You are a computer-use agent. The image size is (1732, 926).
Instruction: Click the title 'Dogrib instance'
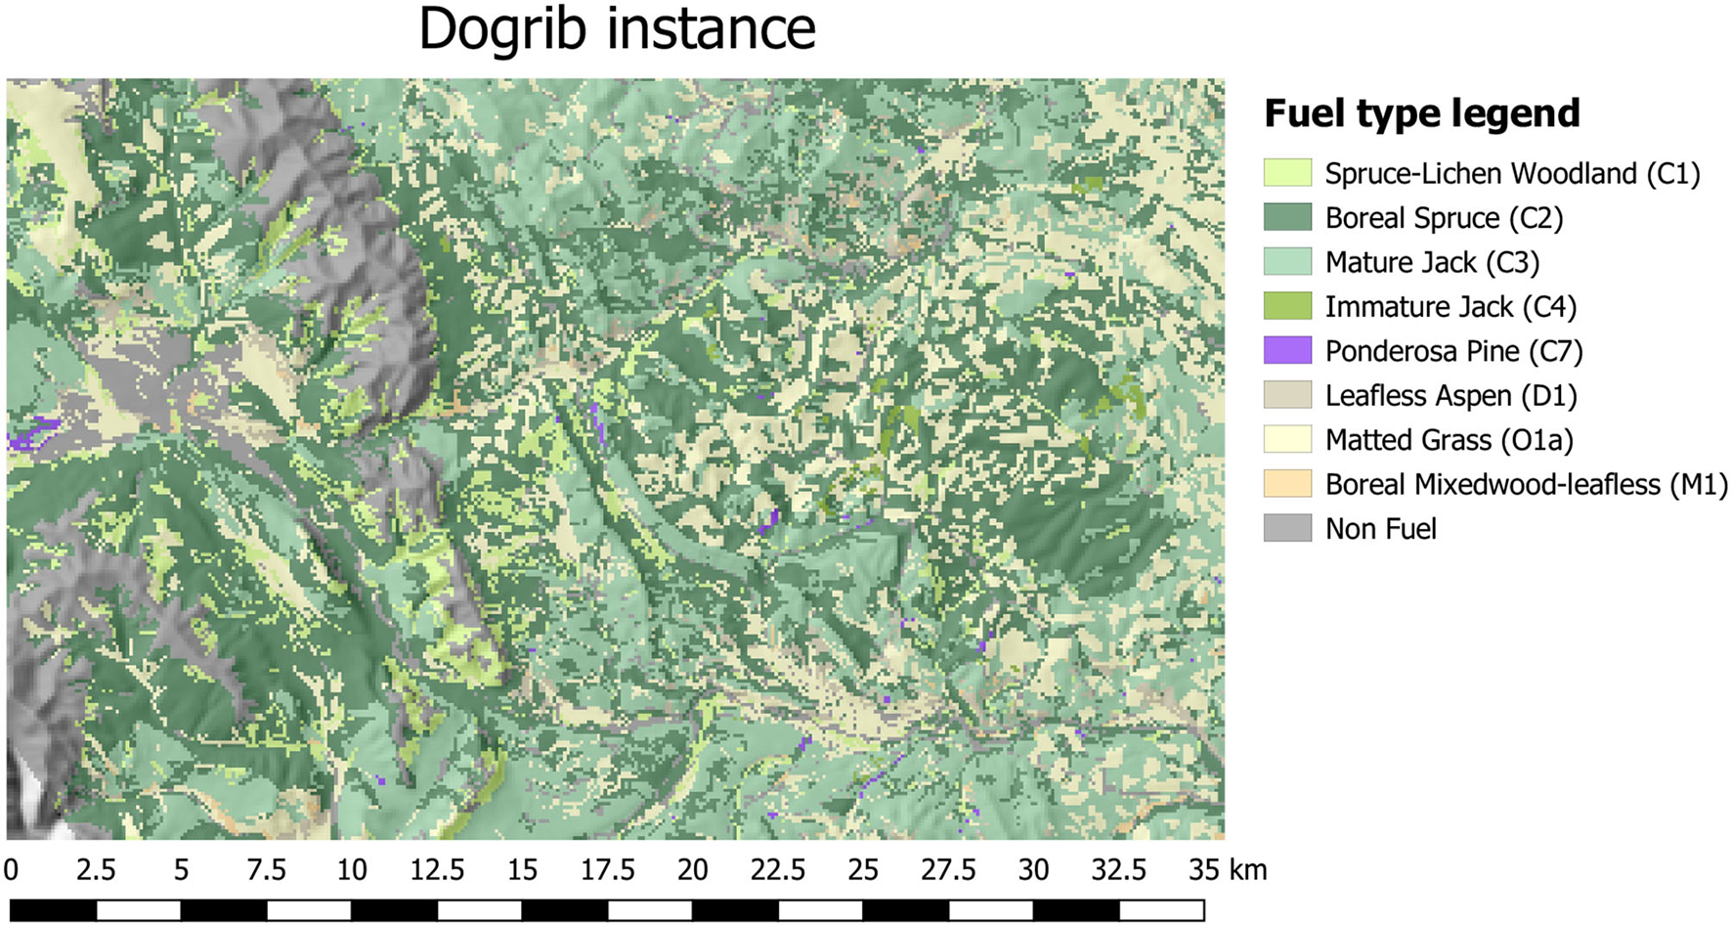(x=617, y=29)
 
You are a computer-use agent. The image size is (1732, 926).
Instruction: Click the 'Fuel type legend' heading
(x=1421, y=113)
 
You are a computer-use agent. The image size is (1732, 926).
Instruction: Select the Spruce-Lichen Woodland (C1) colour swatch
(x=1287, y=173)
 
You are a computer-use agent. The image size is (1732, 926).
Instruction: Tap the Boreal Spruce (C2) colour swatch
(x=1287, y=217)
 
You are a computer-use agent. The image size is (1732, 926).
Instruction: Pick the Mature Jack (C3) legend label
(x=1432, y=262)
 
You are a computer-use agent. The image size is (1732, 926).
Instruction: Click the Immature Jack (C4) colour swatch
(x=1287, y=306)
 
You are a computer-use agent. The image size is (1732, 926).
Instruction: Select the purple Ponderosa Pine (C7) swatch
(x=1287, y=350)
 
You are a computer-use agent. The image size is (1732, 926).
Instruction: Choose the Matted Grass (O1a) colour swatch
(x=1287, y=439)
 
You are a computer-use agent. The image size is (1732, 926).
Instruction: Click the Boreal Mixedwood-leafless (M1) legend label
(x=1526, y=484)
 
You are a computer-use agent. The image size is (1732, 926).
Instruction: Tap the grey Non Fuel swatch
(x=1287, y=528)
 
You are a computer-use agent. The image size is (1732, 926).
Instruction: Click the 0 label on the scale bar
(x=11, y=869)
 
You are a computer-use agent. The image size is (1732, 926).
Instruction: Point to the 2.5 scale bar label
(x=96, y=869)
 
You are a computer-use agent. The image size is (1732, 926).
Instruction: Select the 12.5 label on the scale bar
(x=437, y=869)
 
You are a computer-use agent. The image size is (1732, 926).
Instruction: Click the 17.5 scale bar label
(x=608, y=869)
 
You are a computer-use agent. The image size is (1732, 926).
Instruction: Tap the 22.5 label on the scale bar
(x=778, y=869)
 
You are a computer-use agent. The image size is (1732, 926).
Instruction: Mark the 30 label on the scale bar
(x=1033, y=869)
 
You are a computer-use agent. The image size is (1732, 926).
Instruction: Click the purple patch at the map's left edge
(x=29, y=433)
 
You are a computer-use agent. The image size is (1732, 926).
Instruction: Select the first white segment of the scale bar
(x=138, y=910)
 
